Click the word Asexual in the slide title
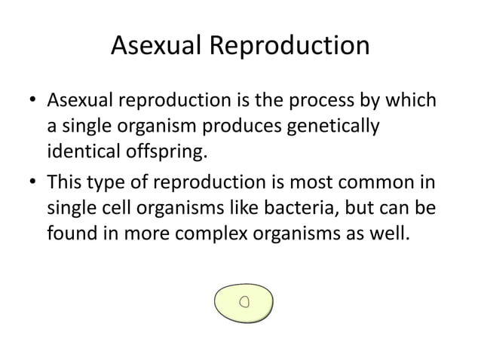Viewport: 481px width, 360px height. click(156, 47)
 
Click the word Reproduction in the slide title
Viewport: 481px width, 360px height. click(290, 47)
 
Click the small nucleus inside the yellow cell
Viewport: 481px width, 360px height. click(244, 302)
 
